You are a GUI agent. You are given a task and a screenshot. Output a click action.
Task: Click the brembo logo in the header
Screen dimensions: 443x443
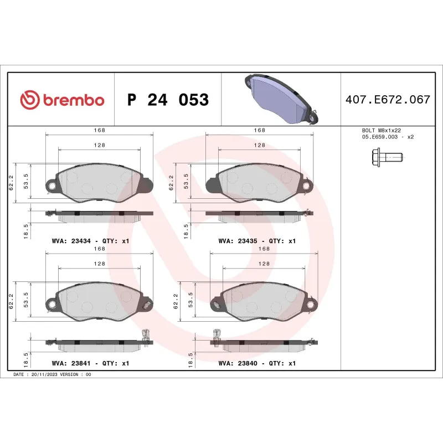(x=62, y=100)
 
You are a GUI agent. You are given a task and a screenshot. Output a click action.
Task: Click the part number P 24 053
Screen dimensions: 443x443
(x=168, y=100)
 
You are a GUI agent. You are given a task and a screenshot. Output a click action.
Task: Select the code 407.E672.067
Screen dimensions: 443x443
(x=388, y=100)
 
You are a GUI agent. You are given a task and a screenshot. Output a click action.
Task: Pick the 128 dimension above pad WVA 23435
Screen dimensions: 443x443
(x=259, y=145)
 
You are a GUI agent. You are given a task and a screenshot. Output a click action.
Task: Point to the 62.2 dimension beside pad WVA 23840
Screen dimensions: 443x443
(x=176, y=302)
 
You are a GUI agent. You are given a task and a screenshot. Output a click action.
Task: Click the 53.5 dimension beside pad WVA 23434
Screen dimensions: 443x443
(x=25, y=181)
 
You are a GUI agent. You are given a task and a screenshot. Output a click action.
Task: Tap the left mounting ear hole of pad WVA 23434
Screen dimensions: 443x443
(x=51, y=186)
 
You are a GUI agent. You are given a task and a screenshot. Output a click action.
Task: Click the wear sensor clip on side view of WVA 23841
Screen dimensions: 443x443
(x=146, y=334)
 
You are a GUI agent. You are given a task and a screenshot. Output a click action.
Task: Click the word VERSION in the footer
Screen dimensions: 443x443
(x=70, y=375)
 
